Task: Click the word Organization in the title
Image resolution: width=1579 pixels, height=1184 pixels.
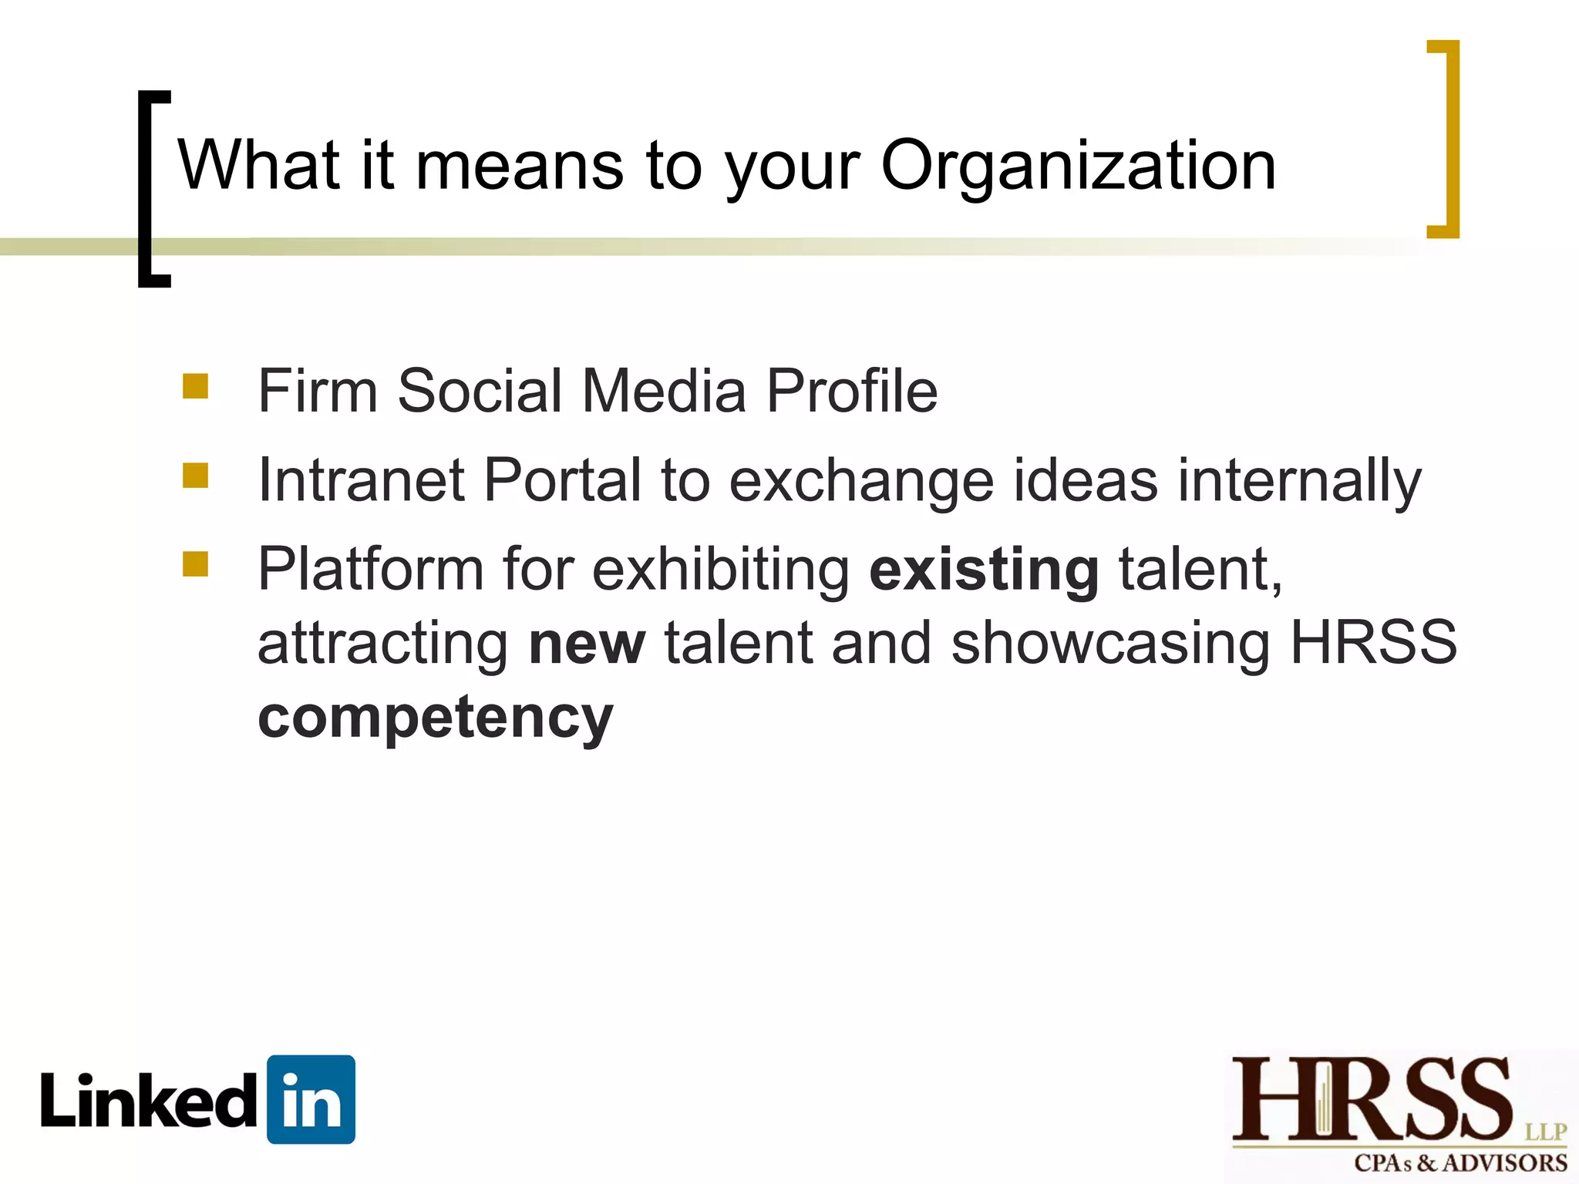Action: pos(1078,166)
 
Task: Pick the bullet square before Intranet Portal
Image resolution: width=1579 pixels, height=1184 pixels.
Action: pos(196,476)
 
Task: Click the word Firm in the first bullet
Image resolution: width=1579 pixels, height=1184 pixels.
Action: pos(317,391)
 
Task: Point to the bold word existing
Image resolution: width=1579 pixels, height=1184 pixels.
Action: pos(984,570)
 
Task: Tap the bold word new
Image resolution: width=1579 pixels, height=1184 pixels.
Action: pos(587,644)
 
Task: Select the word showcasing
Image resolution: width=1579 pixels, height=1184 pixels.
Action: pos(1110,644)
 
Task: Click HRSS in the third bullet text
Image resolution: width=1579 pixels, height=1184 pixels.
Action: pos(1373,643)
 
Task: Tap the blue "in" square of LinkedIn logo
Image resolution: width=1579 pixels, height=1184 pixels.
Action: pos(311,1099)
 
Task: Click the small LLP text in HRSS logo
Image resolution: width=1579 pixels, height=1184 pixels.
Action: pos(1545,1132)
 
